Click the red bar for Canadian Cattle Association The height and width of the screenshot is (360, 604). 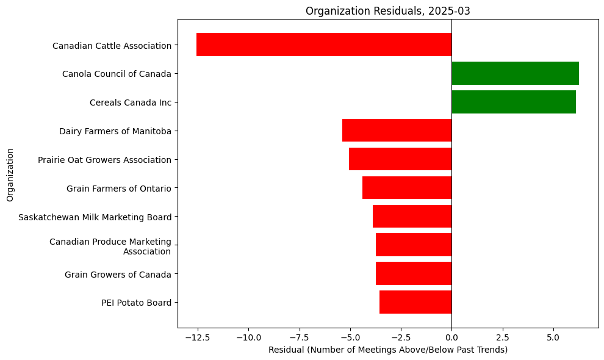(x=324, y=45)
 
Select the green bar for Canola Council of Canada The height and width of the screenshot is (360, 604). (x=515, y=73)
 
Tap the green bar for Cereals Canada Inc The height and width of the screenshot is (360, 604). (x=513, y=102)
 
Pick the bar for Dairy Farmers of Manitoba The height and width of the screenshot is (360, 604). (x=397, y=131)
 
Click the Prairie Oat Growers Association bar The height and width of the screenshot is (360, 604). (x=400, y=159)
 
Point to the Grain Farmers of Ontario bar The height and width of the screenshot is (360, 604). (x=407, y=188)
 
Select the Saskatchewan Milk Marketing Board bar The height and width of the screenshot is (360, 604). (x=412, y=217)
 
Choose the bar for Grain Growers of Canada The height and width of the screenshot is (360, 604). (x=414, y=273)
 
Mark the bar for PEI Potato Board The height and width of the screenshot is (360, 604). (x=415, y=302)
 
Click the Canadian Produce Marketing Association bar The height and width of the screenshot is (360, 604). (x=414, y=245)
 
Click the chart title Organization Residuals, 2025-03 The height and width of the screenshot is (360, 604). (x=388, y=10)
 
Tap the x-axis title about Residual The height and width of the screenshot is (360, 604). (x=388, y=350)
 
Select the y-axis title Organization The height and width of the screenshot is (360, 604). (x=10, y=174)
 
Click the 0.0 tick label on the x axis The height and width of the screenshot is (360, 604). (x=451, y=337)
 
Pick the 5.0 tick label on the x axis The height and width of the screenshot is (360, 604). (x=553, y=337)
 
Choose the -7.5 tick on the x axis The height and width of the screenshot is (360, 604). (x=299, y=337)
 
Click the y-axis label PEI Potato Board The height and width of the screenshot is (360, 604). (x=136, y=303)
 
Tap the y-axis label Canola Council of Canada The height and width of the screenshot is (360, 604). (x=117, y=74)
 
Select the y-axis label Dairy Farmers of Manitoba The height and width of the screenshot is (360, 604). (x=115, y=131)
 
